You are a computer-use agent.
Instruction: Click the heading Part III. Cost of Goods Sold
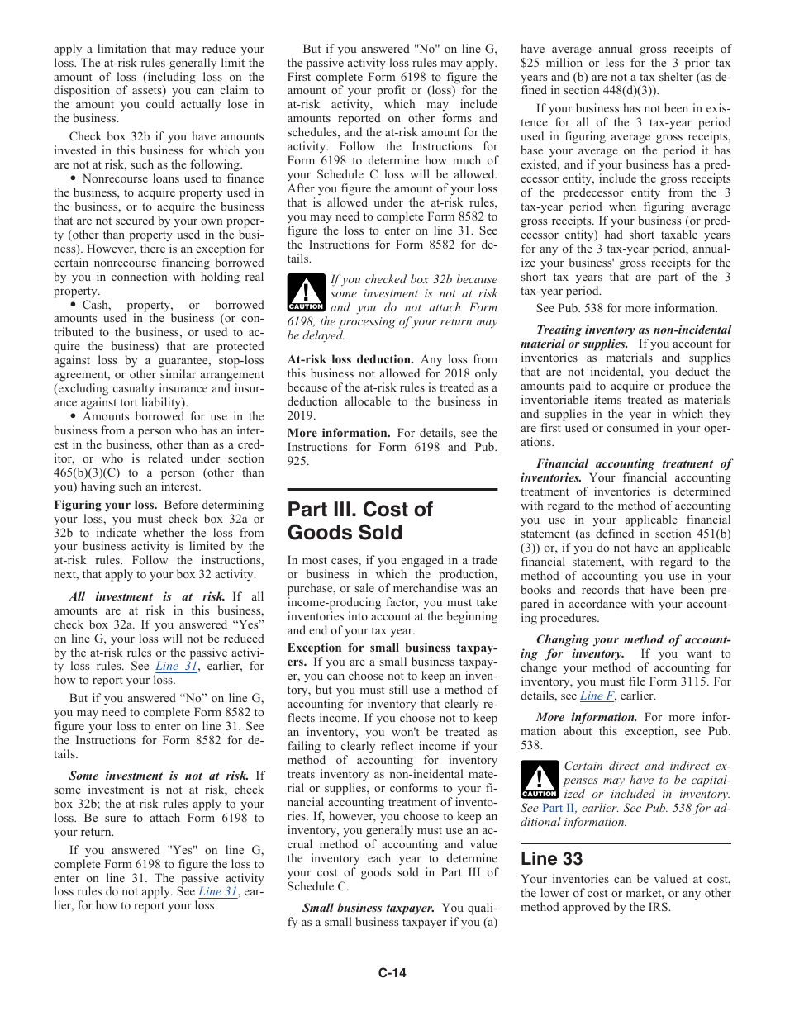coord(359,520)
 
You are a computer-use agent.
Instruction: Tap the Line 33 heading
coord(551,859)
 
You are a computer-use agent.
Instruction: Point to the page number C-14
coord(392,973)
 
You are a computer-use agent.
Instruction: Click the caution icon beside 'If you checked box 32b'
coord(305,293)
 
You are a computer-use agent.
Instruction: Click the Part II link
coord(558,808)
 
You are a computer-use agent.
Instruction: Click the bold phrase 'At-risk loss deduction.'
coord(350,359)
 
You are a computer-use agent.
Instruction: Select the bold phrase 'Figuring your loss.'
coord(105,505)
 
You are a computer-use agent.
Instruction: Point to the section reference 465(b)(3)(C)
coord(89,473)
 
